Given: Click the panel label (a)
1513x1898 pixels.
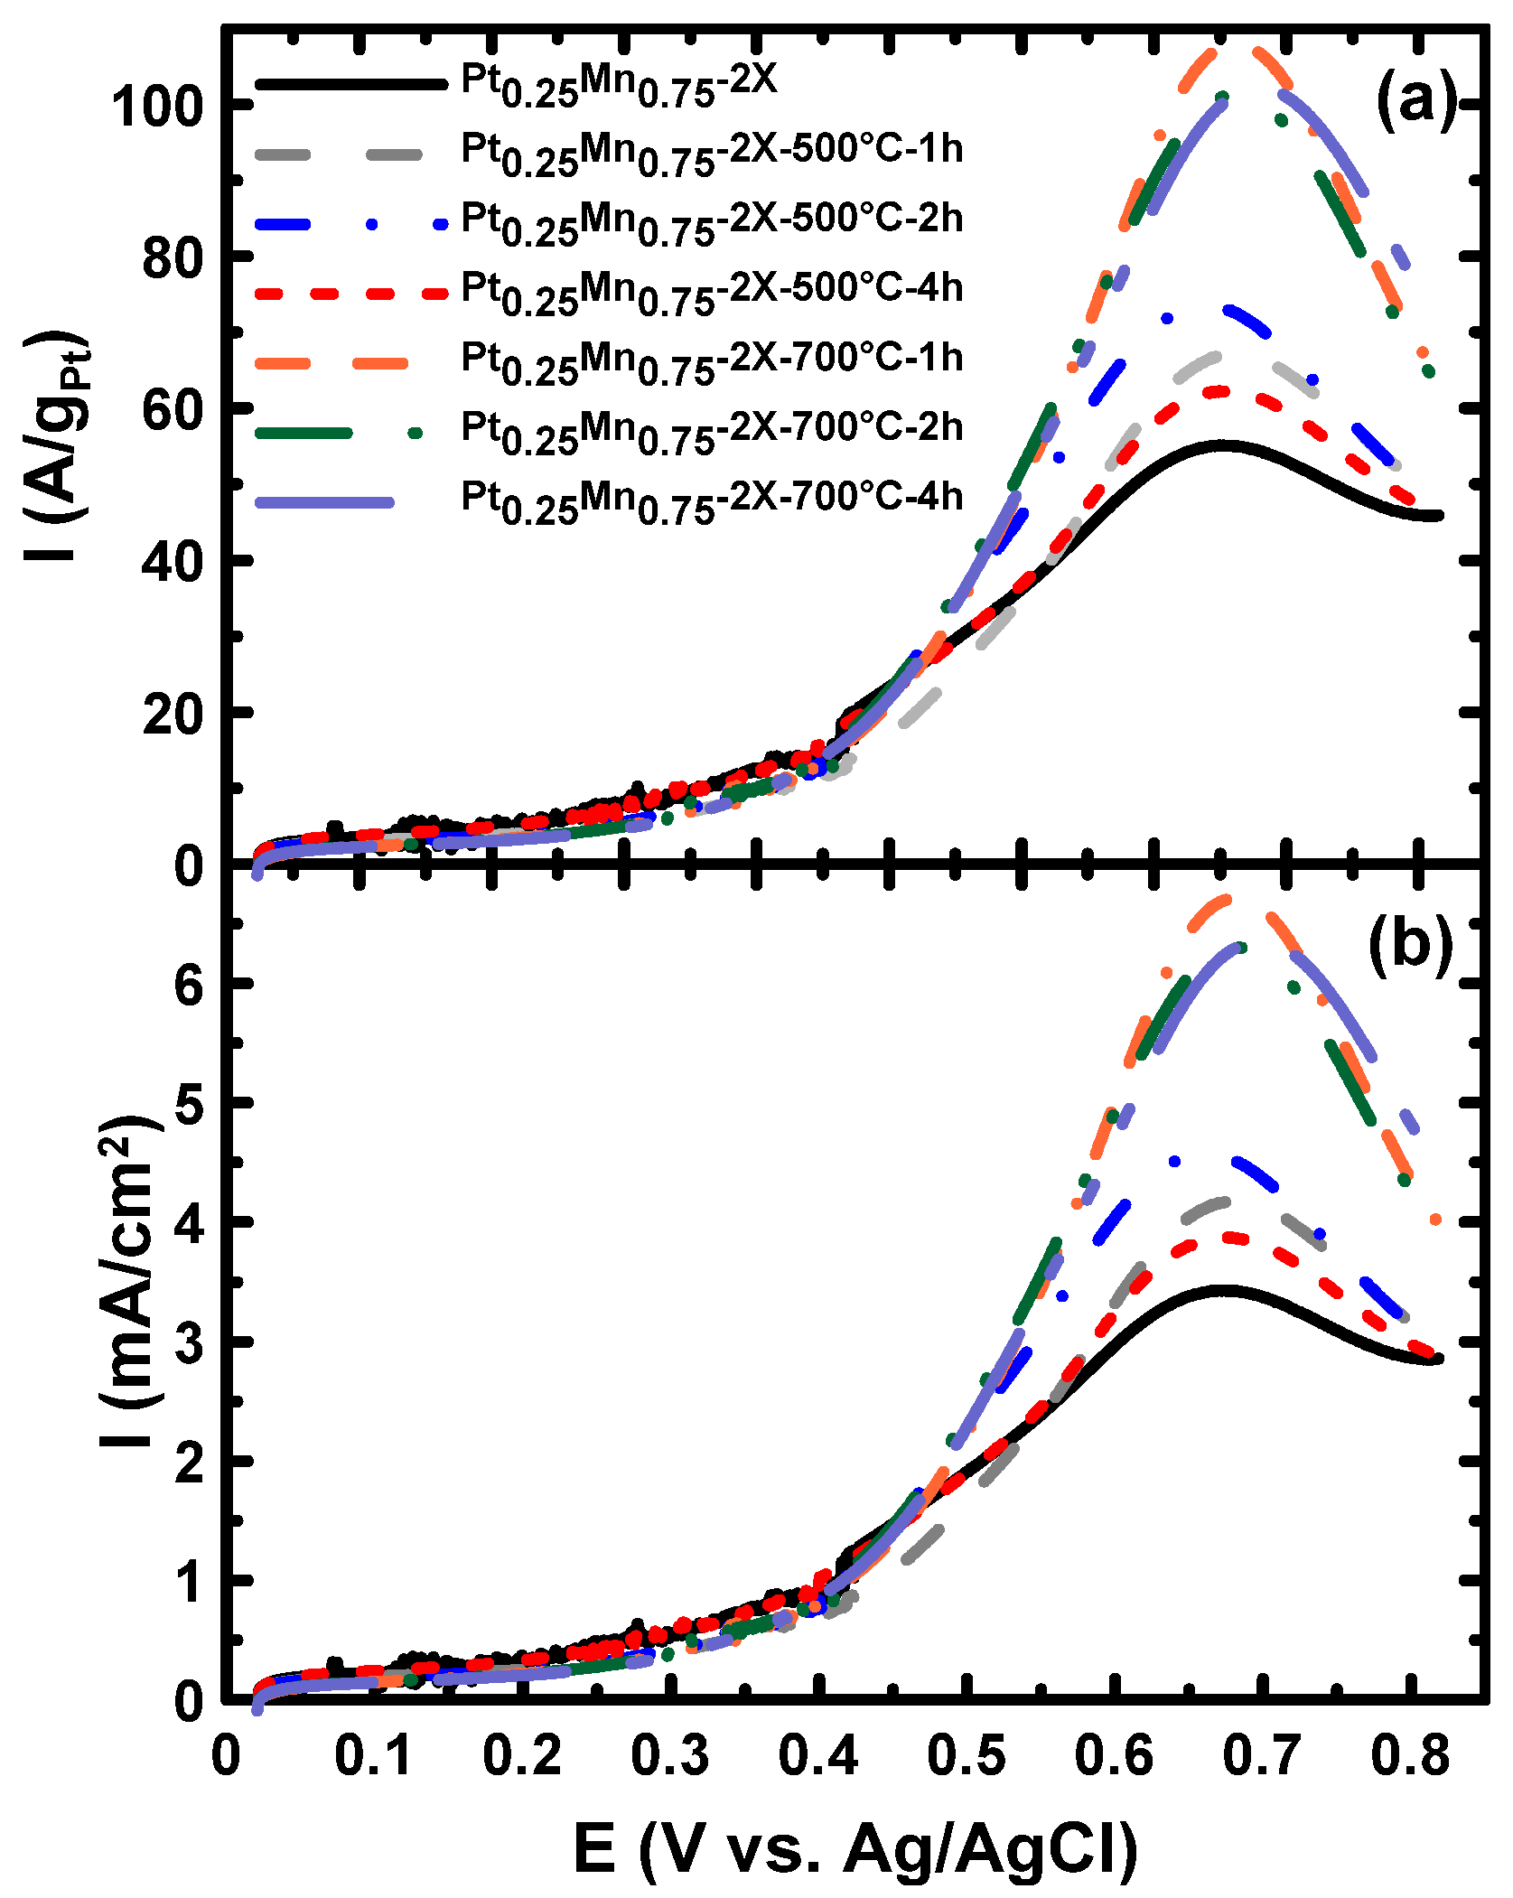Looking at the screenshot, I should pyautogui.click(x=1416, y=99).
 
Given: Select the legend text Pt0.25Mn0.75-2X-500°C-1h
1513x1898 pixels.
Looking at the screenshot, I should pyautogui.click(x=712, y=154).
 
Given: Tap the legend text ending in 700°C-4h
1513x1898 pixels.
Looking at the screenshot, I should pyautogui.click(x=712, y=501).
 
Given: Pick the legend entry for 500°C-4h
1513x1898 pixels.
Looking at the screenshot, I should pyautogui.click(x=712, y=293).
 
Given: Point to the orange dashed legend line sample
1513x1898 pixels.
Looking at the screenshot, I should pyautogui.click(x=332, y=363).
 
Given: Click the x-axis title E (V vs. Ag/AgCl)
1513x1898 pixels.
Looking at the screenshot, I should pyautogui.click(x=855, y=1847).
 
